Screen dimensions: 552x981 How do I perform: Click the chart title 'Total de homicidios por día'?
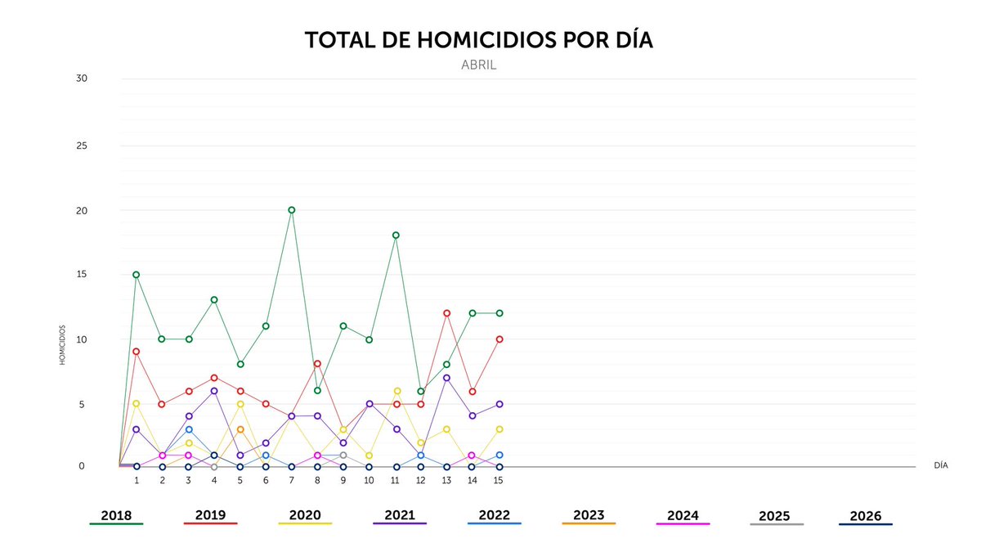click(478, 40)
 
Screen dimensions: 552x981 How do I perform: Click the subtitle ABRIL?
click(478, 65)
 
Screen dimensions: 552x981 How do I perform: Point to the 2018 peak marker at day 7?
click(291, 210)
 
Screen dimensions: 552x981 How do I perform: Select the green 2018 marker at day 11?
click(396, 236)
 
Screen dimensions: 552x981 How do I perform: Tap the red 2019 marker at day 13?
click(447, 313)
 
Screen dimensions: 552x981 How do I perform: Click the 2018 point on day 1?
click(137, 275)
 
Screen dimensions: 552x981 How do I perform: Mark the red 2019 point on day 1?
click(137, 352)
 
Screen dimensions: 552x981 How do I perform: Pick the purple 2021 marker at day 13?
click(447, 378)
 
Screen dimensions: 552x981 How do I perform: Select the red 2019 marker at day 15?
click(499, 339)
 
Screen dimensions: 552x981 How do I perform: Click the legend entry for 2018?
click(116, 516)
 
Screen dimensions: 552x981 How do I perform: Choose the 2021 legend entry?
click(399, 516)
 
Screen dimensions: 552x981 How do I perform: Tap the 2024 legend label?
click(683, 516)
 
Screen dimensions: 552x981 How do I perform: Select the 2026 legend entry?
click(865, 517)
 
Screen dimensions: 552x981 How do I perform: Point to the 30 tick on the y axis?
click(81, 79)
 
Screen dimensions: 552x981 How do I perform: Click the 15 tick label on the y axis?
click(81, 274)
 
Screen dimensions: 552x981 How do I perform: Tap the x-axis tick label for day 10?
click(369, 481)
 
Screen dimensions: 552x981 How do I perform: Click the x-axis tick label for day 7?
click(291, 481)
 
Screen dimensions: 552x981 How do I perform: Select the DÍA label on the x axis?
click(940, 465)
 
